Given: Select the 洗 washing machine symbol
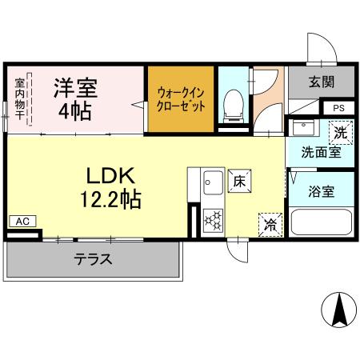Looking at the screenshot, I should click(341, 130).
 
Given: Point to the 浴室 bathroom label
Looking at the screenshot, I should click(322, 191).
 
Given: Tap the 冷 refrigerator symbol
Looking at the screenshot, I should click(270, 225).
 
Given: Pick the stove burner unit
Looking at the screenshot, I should click(214, 218).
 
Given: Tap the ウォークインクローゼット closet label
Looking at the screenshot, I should click(181, 98).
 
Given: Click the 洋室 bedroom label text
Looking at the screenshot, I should click(74, 86).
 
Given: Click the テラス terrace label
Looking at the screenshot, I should click(93, 259).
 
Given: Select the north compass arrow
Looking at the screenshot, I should click(338, 309).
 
